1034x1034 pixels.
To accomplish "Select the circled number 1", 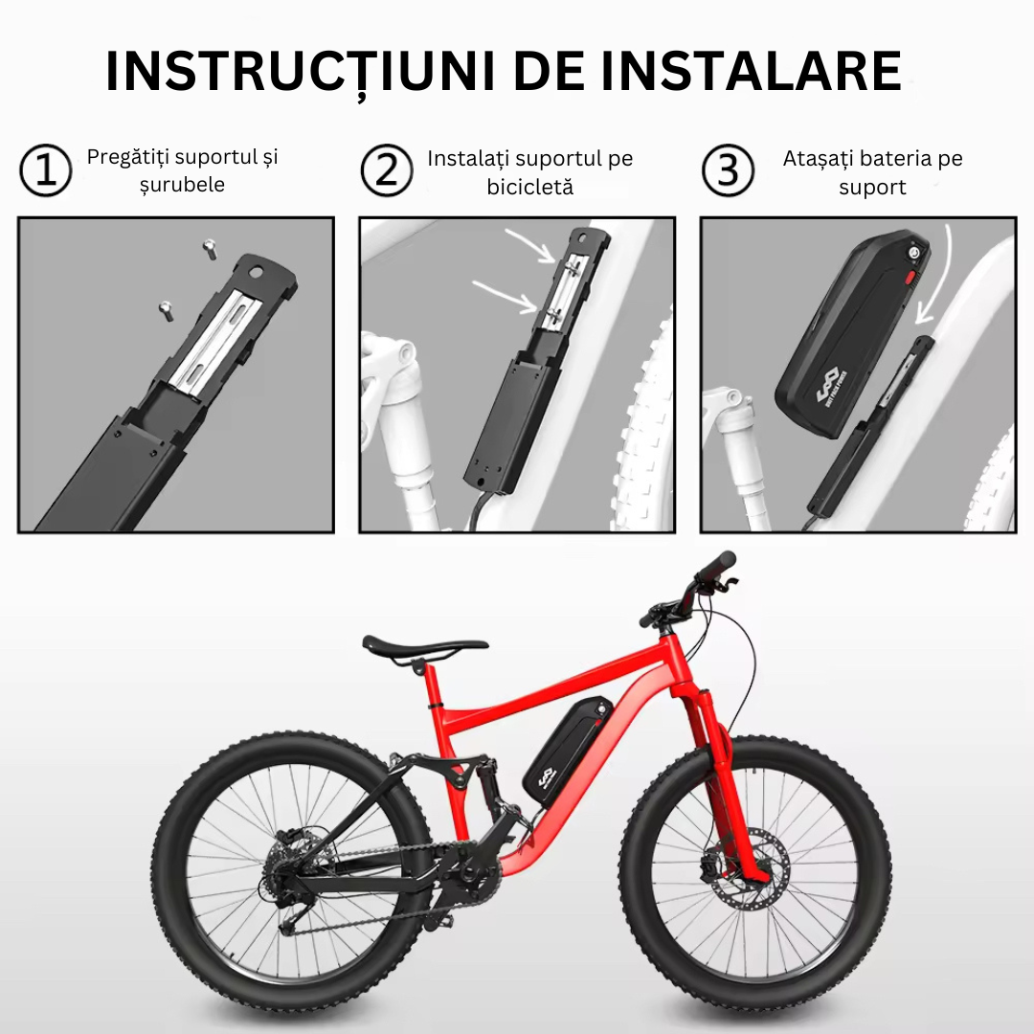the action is click(46, 170).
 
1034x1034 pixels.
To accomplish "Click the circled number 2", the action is click(387, 170).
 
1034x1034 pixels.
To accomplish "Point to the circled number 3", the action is click(728, 170).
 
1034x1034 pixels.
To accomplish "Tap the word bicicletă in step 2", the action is click(530, 188).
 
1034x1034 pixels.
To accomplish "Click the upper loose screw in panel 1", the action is click(210, 249).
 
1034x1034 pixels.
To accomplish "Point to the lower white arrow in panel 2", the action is click(505, 295).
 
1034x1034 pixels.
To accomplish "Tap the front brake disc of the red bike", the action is click(752, 871).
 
